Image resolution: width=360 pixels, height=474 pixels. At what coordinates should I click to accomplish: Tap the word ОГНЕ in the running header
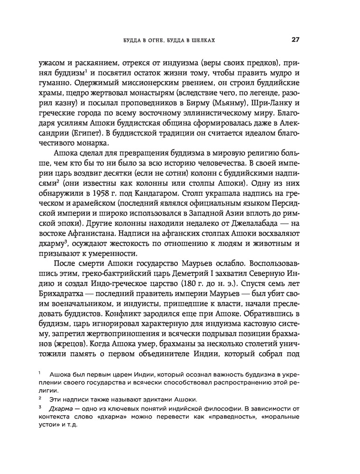pyautogui.click(x=151, y=41)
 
